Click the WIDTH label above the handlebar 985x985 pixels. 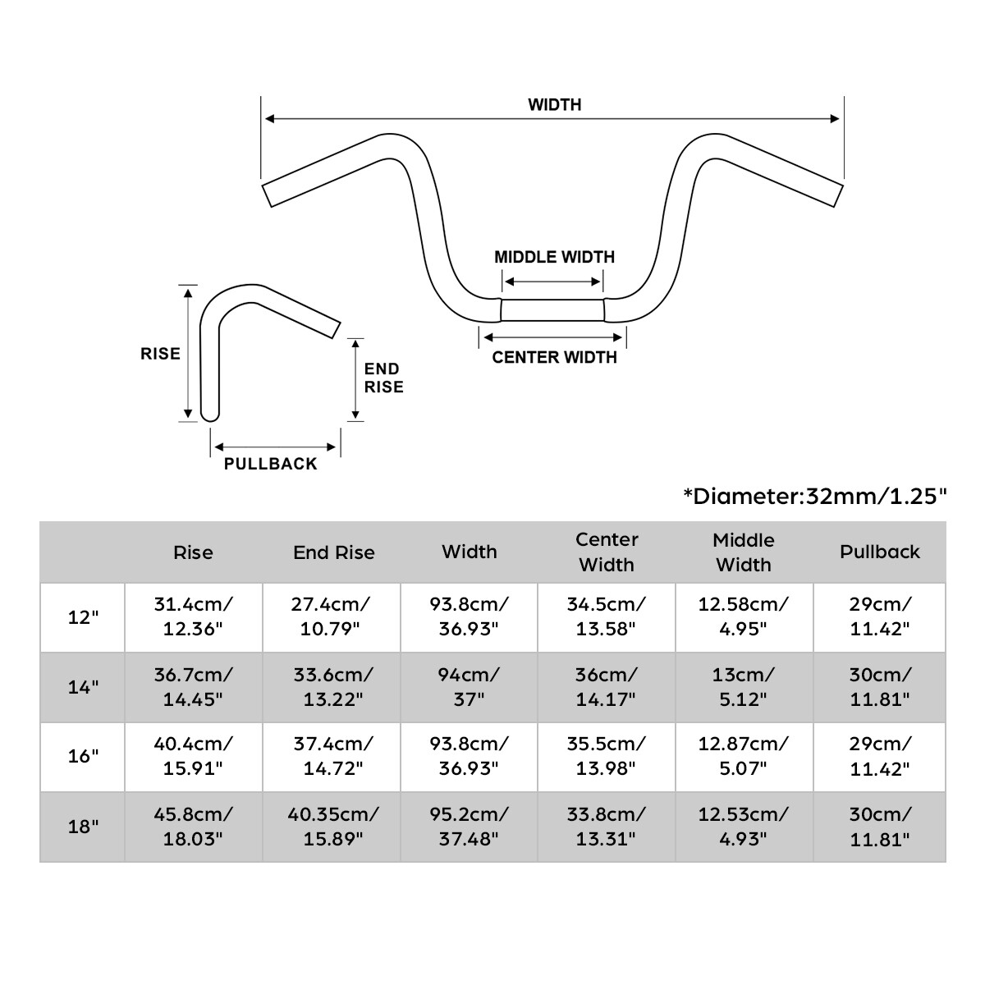(554, 105)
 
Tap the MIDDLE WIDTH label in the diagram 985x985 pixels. (554, 257)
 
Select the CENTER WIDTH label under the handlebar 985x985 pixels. (554, 357)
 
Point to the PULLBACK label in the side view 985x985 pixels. (270, 464)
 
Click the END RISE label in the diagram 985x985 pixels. (383, 378)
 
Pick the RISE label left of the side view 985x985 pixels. (160, 354)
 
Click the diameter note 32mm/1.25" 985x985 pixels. (814, 496)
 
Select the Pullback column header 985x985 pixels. (879, 552)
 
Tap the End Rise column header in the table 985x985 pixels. (333, 552)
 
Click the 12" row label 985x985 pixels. (83, 617)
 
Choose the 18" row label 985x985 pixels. (83, 827)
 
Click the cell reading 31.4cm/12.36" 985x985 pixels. (194, 616)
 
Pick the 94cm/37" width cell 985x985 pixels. (470, 687)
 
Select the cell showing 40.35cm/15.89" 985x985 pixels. (333, 827)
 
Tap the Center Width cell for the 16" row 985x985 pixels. (607, 756)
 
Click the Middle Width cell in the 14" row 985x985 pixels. (744, 687)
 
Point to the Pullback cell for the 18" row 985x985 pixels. (879, 827)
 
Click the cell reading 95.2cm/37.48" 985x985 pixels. (470, 827)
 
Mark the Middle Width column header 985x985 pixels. (744, 552)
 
